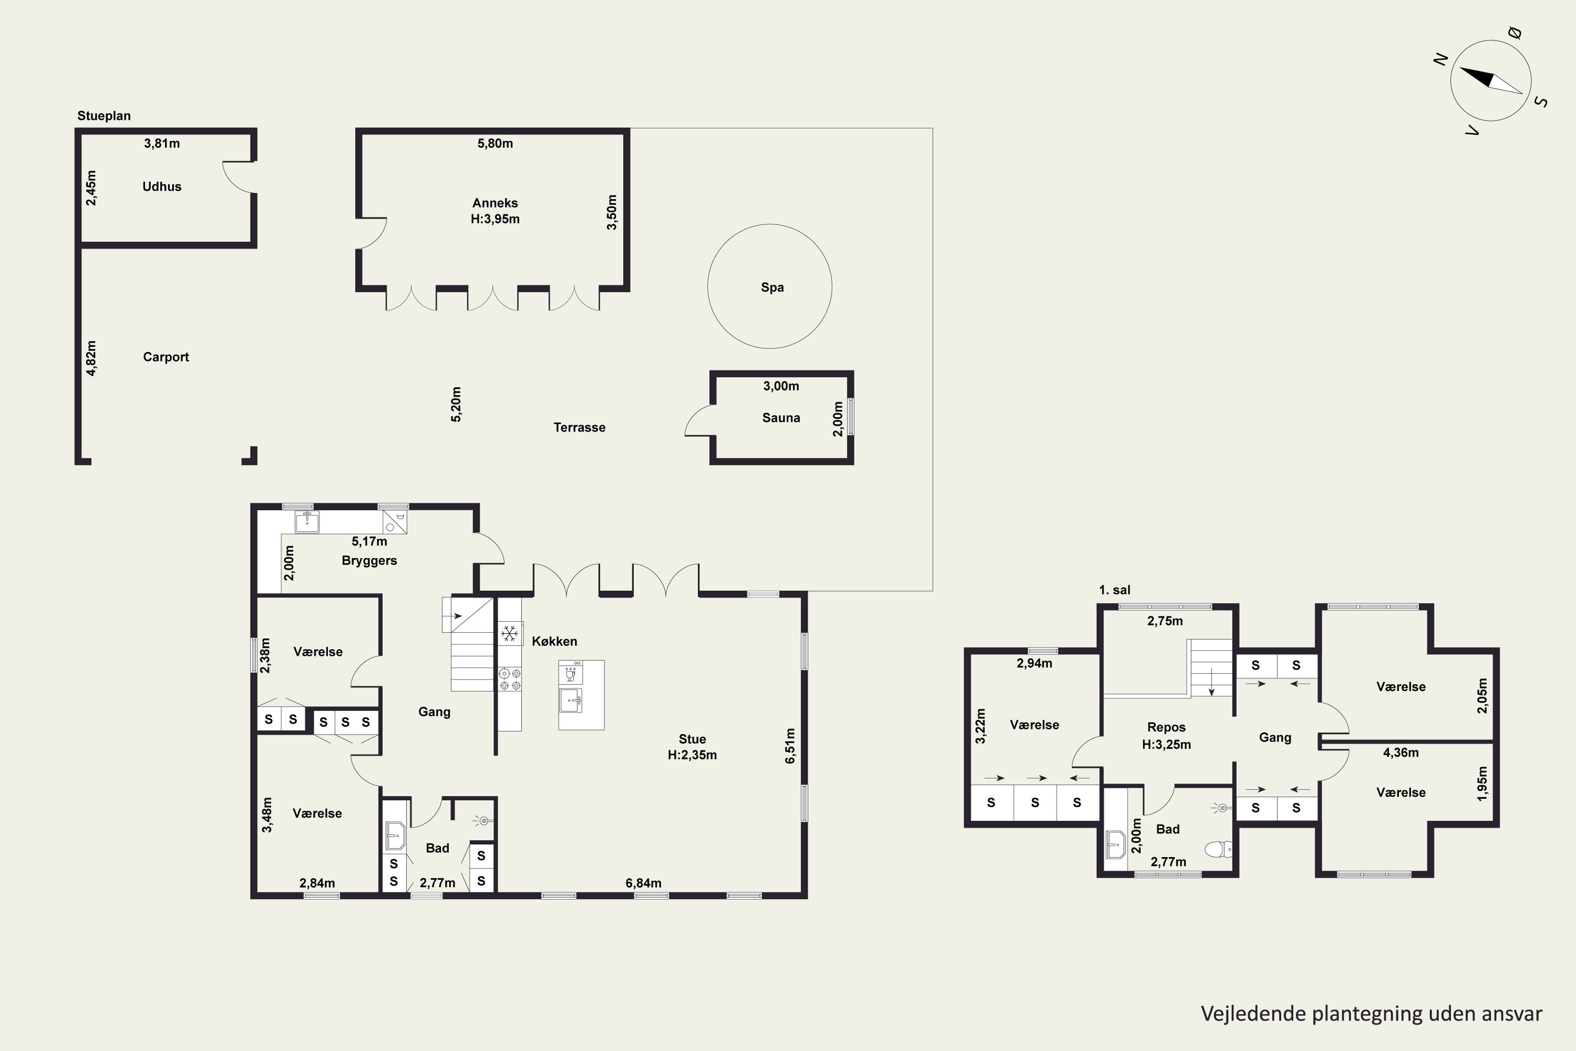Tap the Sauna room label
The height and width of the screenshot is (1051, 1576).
pyautogui.click(x=781, y=418)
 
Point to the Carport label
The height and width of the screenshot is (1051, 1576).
pyautogui.click(x=165, y=357)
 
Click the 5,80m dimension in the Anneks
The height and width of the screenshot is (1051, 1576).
pyautogui.click(x=495, y=143)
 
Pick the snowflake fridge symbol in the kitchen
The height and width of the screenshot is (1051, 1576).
pyautogui.click(x=509, y=633)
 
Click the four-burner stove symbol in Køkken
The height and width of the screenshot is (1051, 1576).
pyautogui.click(x=510, y=679)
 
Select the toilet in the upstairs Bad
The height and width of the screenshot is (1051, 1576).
pyautogui.click(x=1218, y=849)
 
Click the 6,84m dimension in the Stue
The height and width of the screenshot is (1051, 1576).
pyautogui.click(x=643, y=883)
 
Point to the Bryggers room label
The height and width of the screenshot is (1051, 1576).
pyautogui.click(x=369, y=560)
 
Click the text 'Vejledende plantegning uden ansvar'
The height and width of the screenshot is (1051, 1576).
pyautogui.click(x=1371, y=1014)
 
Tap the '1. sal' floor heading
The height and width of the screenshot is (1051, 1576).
pyautogui.click(x=1114, y=590)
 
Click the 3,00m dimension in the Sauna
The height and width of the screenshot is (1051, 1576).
pyautogui.click(x=781, y=386)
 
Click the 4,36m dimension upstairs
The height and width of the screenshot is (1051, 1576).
pyautogui.click(x=1401, y=753)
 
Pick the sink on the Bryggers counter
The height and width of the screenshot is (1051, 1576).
pyautogui.click(x=307, y=521)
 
